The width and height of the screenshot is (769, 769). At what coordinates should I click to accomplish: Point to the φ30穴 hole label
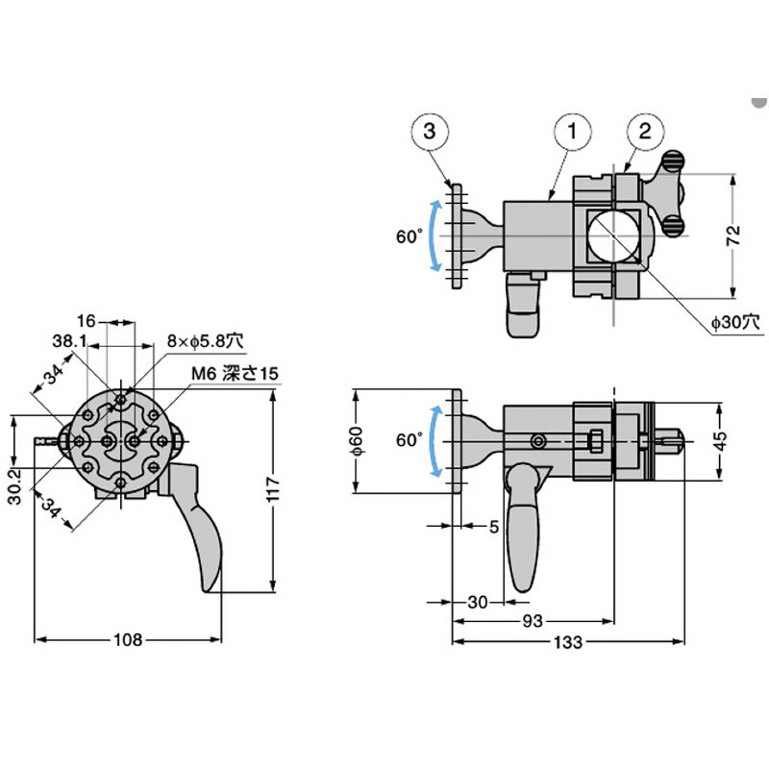tap(735, 323)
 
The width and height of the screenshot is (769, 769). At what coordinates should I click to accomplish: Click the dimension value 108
tap(128, 639)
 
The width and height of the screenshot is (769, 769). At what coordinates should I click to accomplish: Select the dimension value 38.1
tap(69, 341)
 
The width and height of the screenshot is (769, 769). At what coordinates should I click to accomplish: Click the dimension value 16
tap(87, 320)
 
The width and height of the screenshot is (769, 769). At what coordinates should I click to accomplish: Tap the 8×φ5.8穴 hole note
tap(206, 339)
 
